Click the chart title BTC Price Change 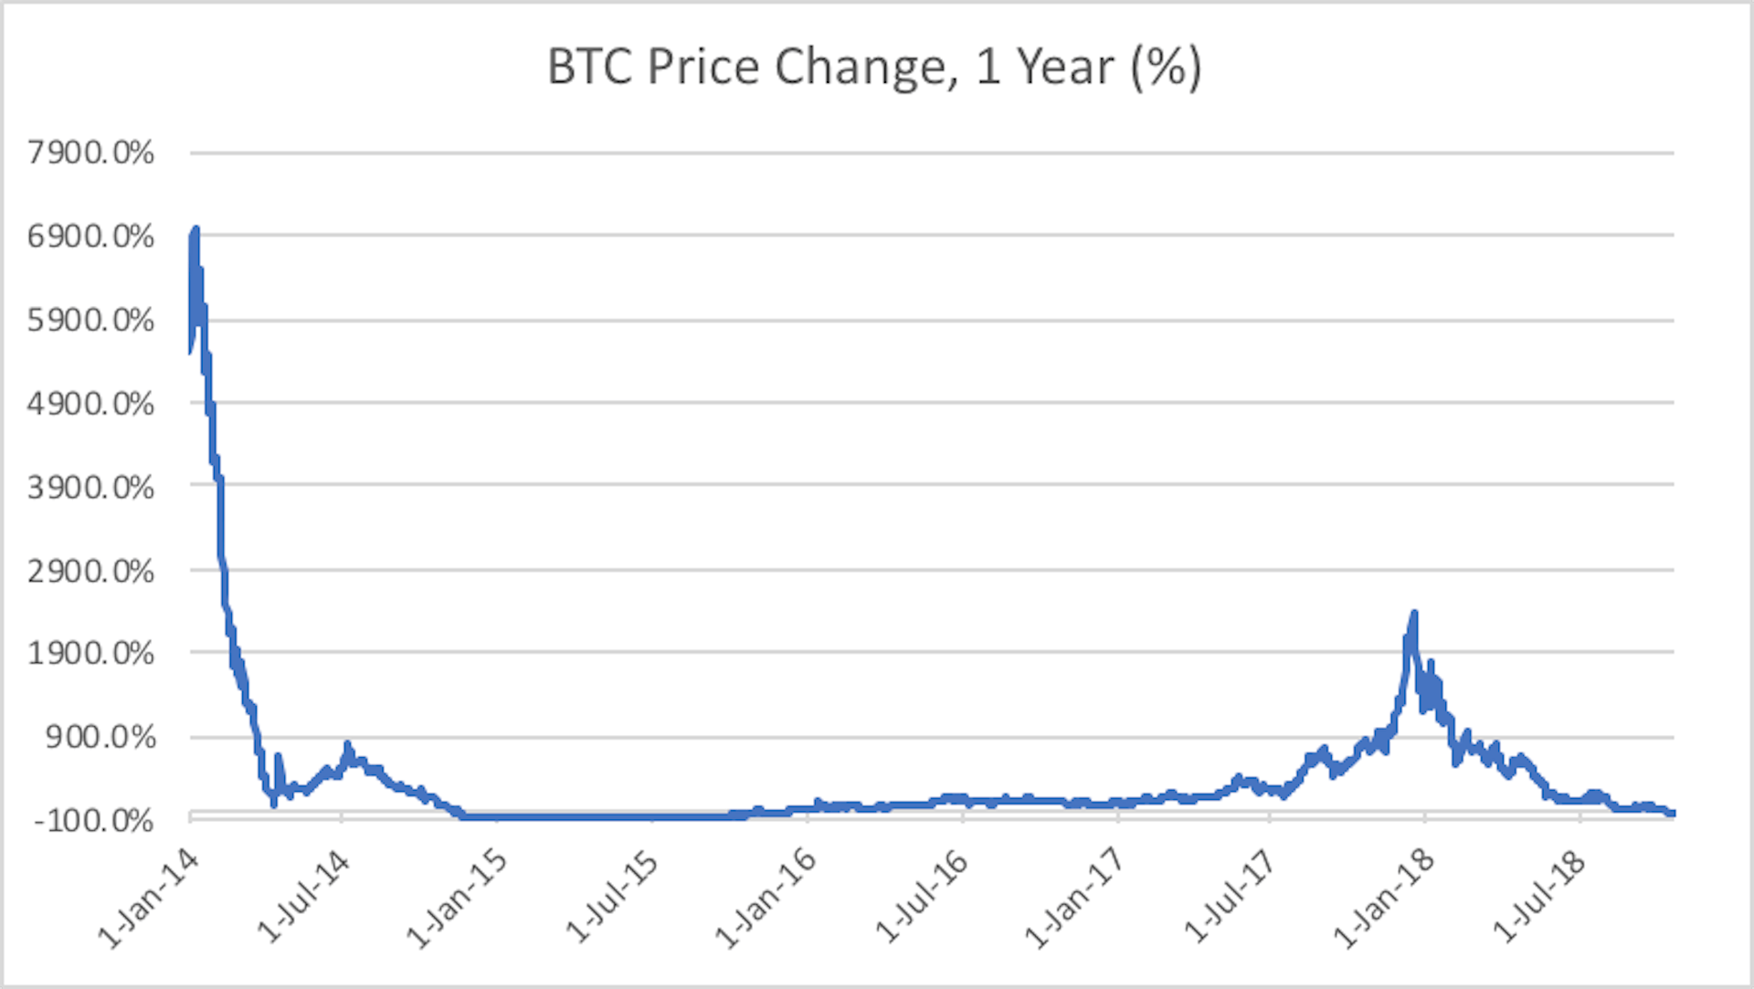click(873, 68)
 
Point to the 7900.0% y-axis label click(90, 153)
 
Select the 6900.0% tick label click(90, 237)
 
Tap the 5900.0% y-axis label click(90, 321)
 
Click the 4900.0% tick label click(90, 404)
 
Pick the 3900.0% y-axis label click(90, 488)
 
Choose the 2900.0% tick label click(90, 572)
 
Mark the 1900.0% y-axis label click(90, 654)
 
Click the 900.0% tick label click(100, 737)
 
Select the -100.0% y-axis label click(93, 820)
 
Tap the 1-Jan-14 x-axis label click(149, 899)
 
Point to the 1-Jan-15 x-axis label click(457, 899)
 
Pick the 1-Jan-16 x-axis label click(766, 899)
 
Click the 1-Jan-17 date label click(1074, 899)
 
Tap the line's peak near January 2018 click(1414, 613)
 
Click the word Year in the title click(1066, 68)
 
